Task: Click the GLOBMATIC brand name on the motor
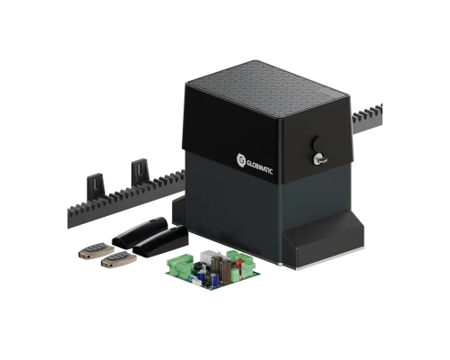tap(260, 166)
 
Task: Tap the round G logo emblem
tap(241, 159)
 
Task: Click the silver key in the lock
tap(319, 158)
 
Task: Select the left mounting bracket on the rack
tap(96, 186)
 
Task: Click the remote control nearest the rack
tap(96, 251)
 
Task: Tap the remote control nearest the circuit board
tap(119, 259)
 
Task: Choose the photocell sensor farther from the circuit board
tap(139, 231)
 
